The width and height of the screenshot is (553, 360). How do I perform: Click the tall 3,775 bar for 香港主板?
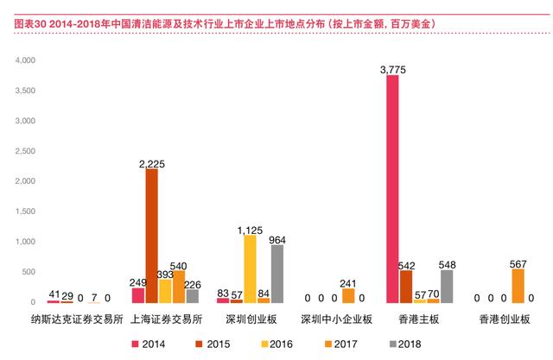point(392,189)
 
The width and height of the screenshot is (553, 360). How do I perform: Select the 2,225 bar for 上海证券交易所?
point(152,236)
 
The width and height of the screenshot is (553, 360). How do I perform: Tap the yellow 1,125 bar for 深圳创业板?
point(250,269)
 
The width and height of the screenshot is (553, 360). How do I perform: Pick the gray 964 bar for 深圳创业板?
point(277,274)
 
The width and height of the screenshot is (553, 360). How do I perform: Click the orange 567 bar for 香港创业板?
point(518,286)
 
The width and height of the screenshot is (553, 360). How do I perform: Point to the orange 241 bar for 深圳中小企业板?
point(348,296)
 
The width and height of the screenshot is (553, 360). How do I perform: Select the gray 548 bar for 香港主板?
point(447,287)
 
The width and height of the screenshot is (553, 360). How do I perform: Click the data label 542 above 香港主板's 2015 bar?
point(406,266)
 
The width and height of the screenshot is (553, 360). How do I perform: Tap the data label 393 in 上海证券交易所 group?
point(165,275)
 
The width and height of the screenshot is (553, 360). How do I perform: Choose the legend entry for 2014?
point(148,344)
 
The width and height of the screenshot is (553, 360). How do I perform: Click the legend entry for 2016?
point(276,344)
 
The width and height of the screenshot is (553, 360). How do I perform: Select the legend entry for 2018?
point(405,344)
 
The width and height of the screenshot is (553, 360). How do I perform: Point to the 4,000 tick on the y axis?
point(25,60)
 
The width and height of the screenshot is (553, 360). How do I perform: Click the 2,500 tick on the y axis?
point(25,151)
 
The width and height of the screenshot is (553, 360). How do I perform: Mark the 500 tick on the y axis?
point(29,272)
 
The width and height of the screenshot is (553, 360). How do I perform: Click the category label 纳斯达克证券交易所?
point(77,319)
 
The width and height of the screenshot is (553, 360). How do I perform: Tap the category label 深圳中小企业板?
point(336,319)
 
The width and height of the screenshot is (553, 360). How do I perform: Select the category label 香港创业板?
point(505,319)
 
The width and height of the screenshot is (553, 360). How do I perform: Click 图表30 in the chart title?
point(30,24)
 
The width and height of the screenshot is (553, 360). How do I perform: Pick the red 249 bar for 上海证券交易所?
point(138,295)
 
